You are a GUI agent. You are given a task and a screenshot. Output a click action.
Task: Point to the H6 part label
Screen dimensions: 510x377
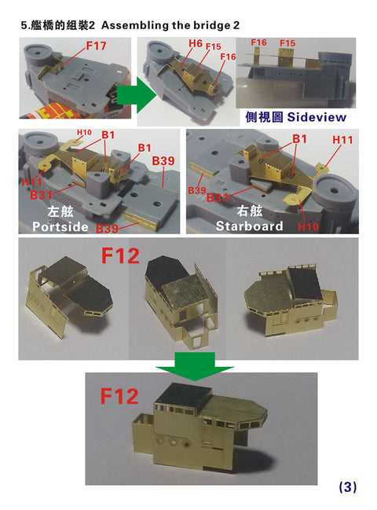click(x=196, y=43)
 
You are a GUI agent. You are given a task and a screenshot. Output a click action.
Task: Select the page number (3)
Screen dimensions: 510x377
click(x=346, y=487)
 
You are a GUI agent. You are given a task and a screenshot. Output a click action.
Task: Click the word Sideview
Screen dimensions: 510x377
click(x=316, y=116)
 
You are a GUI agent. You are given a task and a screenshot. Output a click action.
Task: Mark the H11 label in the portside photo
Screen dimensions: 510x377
click(x=32, y=182)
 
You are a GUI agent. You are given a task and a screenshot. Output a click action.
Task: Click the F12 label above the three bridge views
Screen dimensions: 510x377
click(x=123, y=256)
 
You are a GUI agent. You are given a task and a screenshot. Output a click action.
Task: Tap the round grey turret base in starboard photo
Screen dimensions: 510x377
click(x=332, y=189)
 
